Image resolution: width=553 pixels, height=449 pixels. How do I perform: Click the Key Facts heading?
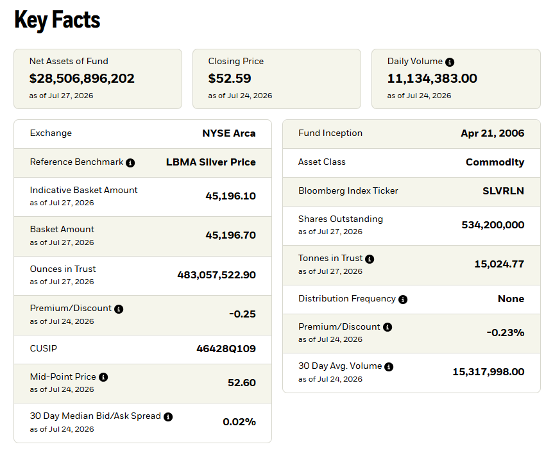tap(57, 20)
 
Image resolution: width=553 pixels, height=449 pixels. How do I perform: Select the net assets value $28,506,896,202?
tap(82, 78)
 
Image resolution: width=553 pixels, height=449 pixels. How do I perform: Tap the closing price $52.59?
tap(230, 78)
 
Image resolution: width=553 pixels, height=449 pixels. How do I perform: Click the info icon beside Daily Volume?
tap(450, 62)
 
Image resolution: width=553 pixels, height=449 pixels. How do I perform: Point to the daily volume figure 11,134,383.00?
tap(432, 78)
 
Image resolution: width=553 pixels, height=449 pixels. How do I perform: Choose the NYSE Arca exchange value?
tap(229, 133)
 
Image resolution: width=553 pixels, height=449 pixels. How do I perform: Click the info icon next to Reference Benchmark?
tap(130, 163)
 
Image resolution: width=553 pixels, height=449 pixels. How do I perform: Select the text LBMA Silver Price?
tap(211, 162)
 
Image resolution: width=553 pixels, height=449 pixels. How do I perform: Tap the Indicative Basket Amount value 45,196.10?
tap(231, 196)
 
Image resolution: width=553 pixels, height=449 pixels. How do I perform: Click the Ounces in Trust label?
tap(63, 269)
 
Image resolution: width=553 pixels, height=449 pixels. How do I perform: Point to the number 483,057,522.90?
tap(217, 275)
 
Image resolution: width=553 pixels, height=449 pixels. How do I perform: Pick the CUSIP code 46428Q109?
tap(226, 349)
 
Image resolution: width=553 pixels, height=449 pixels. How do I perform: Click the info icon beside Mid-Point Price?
tap(103, 377)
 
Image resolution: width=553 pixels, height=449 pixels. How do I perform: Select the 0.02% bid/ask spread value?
tap(239, 422)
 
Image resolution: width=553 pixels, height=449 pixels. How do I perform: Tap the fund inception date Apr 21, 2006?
tap(493, 133)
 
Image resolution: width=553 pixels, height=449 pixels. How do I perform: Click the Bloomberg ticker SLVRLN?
tap(503, 191)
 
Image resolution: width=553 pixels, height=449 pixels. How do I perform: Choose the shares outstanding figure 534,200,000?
tap(493, 225)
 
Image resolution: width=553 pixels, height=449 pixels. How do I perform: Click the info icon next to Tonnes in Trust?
tap(370, 259)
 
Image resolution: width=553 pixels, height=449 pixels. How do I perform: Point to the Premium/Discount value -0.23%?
tap(506, 333)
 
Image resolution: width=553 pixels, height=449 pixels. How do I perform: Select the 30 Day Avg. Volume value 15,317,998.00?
tap(488, 372)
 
